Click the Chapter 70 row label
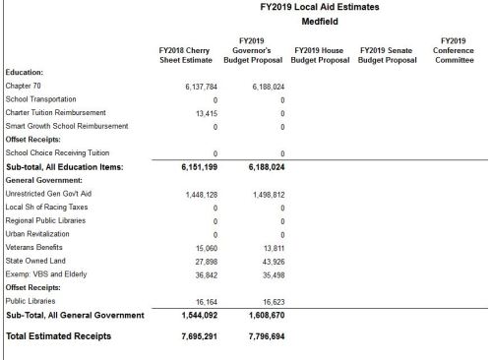pyautogui.click(x=23, y=87)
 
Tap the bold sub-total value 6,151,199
pyautogui.click(x=195, y=168)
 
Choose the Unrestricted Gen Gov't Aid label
pyautogui.click(x=50, y=195)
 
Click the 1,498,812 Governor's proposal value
pyautogui.click(x=266, y=195)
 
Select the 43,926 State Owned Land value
pyautogui.click(x=271, y=262)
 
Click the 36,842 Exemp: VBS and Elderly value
pyautogui.click(x=204, y=275)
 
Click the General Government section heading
pyautogui.click(x=48, y=181)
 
